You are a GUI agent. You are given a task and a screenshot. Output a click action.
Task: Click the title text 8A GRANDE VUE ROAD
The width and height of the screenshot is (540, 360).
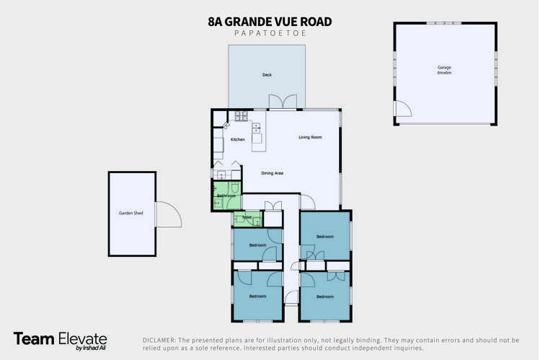click(270, 22)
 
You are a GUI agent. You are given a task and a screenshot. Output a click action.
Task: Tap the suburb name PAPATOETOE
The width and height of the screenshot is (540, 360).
click(270, 33)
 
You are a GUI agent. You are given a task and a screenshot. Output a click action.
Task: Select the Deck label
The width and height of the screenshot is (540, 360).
click(267, 75)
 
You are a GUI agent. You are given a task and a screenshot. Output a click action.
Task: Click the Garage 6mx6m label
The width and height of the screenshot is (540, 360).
click(444, 70)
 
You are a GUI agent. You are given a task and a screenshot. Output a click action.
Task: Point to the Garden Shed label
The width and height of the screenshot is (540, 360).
click(131, 214)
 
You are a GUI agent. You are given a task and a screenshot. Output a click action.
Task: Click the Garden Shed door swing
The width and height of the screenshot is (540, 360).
click(168, 214)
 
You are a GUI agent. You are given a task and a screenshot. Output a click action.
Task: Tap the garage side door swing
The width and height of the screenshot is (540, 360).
click(402, 109)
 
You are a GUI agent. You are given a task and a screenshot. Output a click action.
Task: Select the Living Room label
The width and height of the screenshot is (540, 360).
click(310, 137)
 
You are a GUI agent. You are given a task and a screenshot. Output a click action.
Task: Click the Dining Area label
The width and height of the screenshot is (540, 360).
click(272, 173)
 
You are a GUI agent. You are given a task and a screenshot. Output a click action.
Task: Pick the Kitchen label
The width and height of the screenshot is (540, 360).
click(237, 139)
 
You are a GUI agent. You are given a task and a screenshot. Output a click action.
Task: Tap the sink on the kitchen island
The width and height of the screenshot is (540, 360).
click(256, 130)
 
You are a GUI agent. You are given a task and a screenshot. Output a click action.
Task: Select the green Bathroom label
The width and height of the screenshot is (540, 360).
click(226, 196)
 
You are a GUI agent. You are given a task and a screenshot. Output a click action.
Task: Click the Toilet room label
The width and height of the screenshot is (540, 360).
click(247, 216)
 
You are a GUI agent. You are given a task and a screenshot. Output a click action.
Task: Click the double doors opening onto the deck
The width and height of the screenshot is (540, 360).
click(286, 103)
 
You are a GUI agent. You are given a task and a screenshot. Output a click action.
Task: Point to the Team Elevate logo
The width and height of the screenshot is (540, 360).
click(60, 340)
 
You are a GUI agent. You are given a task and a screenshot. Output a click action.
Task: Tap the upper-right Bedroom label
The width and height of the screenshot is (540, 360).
click(324, 236)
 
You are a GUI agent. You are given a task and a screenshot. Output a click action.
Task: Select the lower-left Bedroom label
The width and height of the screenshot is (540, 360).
click(257, 296)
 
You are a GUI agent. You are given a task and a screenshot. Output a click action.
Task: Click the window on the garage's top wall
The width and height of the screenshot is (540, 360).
click(444, 23)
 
